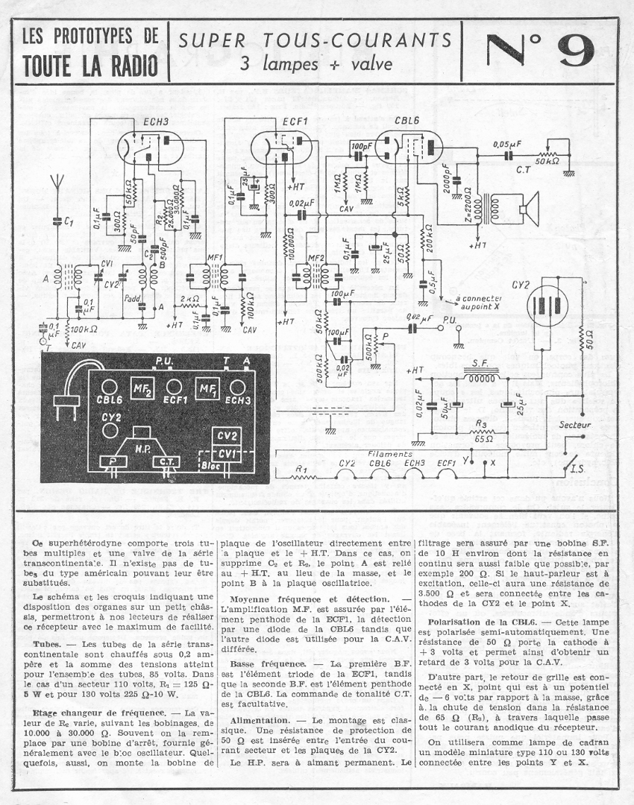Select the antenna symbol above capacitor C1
(55, 183)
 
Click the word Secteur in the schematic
(575, 424)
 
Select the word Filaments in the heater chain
(390, 453)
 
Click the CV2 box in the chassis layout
(226, 436)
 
